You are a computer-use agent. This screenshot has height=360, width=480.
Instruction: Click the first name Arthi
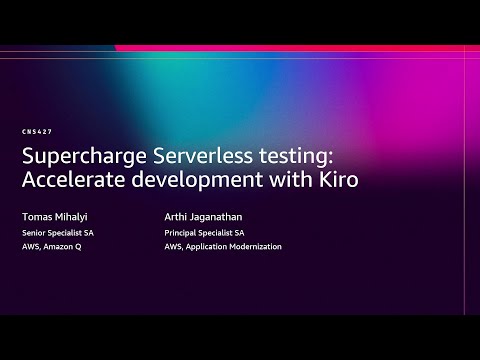point(179,215)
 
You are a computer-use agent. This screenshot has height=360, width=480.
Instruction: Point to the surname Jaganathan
point(225,215)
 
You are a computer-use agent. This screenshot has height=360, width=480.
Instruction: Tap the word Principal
point(181,232)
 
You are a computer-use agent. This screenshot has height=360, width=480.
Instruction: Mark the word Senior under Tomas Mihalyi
point(34,232)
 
